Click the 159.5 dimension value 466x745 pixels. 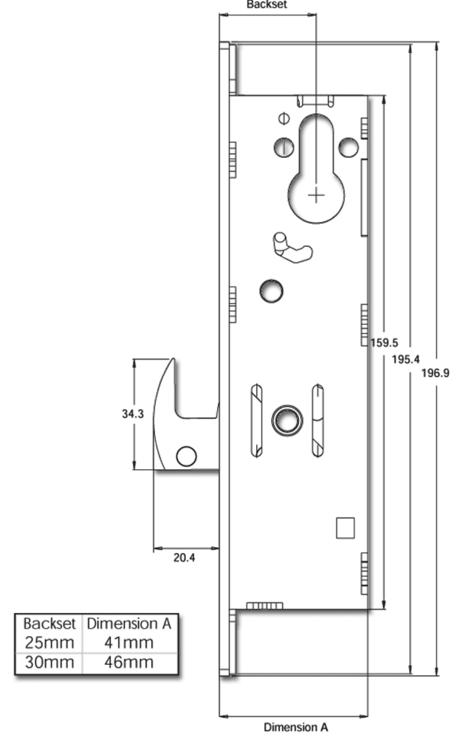(384, 343)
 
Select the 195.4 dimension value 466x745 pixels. (405, 359)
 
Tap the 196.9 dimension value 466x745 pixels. (435, 373)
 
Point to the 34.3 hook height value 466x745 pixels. (132, 414)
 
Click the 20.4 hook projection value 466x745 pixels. (184, 558)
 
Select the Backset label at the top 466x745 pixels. (267, 5)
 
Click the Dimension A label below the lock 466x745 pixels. (296, 727)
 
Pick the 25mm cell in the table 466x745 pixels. (49, 643)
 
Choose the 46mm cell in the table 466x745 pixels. (129, 662)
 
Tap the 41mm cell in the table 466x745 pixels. (129, 643)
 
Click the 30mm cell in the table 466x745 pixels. (49, 662)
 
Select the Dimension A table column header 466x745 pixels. (129, 624)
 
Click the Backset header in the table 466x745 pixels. (49, 624)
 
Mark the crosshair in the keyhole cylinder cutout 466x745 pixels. (316, 196)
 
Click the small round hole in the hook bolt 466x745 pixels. (186, 456)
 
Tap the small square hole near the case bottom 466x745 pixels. (345, 528)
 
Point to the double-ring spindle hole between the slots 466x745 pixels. (287, 420)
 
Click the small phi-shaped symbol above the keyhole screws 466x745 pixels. (284, 118)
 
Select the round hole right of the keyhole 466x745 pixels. (348, 147)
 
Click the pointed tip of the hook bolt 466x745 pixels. (173, 359)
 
